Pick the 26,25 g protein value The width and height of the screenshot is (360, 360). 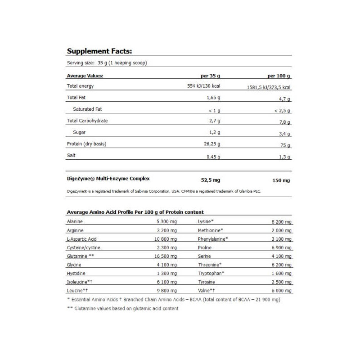209,144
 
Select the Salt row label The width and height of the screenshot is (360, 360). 72,155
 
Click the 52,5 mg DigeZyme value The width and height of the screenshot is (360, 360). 210,180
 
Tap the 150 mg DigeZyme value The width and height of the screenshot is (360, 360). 281,180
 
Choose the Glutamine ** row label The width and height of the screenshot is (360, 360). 80,256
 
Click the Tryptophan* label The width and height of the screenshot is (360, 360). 211,273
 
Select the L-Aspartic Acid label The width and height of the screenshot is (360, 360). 81,239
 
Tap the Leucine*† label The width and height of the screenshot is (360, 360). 77,290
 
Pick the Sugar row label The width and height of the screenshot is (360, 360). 79,132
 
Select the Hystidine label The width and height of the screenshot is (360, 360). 76,273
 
